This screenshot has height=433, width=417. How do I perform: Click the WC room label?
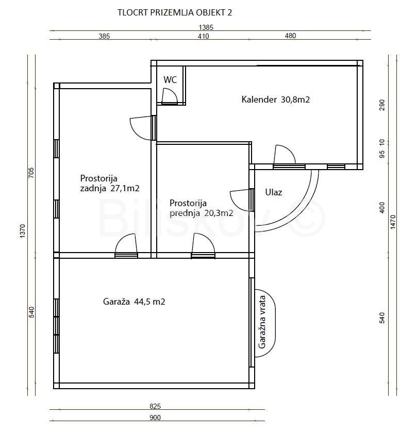[x=170, y=80]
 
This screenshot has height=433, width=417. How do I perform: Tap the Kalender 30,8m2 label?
[x=276, y=99]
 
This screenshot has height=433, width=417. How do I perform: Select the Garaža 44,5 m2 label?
[x=134, y=302]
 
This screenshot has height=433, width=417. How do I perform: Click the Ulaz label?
[x=273, y=192]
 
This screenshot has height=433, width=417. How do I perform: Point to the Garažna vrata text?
[x=262, y=322]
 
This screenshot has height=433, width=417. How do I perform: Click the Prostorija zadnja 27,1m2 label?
[x=110, y=184]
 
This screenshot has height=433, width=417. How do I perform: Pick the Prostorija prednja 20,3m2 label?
[x=202, y=208]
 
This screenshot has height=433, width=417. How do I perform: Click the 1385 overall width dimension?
[x=206, y=27]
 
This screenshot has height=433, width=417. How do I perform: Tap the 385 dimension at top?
[x=105, y=36]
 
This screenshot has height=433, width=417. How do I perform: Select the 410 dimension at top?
[x=203, y=36]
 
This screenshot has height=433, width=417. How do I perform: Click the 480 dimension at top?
[x=290, y=36]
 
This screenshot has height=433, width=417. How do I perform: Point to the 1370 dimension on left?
[x=23, y=231]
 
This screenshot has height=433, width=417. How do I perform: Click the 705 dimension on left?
[x=31, y=173]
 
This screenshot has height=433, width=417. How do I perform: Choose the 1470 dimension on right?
[x=393, y=222]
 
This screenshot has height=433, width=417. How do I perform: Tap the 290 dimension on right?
[x=382, y=105]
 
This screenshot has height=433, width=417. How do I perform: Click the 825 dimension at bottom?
[x=155, y=406]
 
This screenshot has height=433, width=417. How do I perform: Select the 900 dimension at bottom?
[x=155, y=418]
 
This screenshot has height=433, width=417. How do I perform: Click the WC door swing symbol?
[x=169, y=96]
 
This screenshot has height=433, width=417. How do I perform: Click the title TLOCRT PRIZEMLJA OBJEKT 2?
[x=175, y=13]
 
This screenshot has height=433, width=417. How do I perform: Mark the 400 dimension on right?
[x=382, y=208]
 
